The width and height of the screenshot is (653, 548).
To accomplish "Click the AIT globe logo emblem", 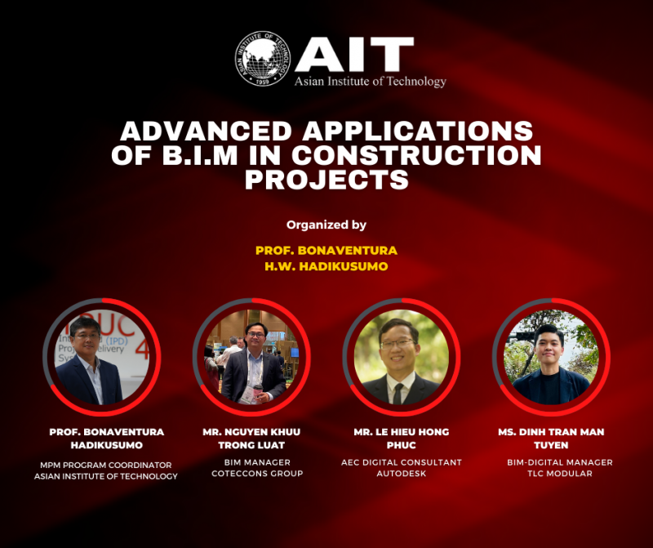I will pos(264,60).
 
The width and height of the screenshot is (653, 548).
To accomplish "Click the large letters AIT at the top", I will pos(353,54).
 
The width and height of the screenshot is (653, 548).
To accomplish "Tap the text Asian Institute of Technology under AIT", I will pos(371,82).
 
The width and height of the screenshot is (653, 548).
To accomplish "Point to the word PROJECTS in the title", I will pos(326,180).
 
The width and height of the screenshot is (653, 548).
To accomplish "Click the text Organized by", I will pos(326,225).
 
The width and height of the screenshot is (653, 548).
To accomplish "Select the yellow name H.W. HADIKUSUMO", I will pos(326,265).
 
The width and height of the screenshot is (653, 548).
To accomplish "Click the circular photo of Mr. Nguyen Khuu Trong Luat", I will pos(251,357).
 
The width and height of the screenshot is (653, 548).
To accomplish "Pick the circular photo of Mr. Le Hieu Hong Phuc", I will pos(401,357).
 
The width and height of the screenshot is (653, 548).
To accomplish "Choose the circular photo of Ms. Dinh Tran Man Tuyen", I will pos(552,357).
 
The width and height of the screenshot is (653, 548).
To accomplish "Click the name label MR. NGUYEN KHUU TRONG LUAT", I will pos(251,439).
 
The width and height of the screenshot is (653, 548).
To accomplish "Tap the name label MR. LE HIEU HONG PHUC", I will pos(401,439).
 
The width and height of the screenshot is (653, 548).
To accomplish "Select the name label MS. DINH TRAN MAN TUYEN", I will pos(552,439).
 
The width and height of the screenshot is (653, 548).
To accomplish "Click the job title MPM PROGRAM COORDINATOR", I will pos(106,465).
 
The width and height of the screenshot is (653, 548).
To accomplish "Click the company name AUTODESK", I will pos(401,474).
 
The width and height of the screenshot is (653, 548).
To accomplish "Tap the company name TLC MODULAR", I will pos(560,474).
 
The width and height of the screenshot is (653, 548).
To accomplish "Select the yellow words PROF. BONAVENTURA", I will pos(326,250).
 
